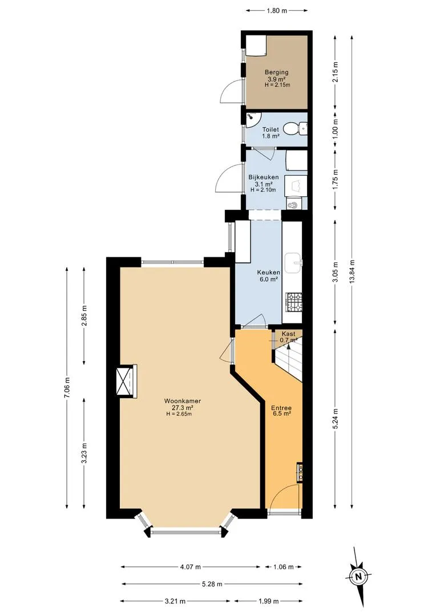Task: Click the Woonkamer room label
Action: tap(183, 401)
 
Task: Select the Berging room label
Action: tap(276, 72)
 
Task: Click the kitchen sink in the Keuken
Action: tap(293, 262)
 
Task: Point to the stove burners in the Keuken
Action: tap(294, 302)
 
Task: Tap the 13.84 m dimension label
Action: tap(352, 271)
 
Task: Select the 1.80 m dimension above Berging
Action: tap(277, 11)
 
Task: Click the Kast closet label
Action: tap(288, 334)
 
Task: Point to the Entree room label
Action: tap(281, 408)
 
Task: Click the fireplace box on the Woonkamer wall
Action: tap(126, 381)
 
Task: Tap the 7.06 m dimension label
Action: tap(67, 388)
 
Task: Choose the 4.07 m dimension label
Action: tap(190, 567)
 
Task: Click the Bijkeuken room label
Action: tap(264, 177)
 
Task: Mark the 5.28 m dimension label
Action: tap(212, 584)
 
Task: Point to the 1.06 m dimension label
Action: tap(284, 567)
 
